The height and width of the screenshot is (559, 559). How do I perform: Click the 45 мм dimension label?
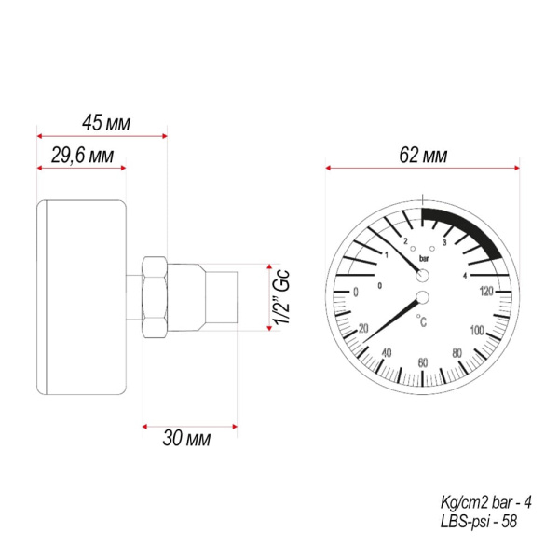tap(106, 122)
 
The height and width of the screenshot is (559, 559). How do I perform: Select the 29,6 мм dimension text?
tap(81, 157)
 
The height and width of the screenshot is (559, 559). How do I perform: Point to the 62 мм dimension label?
tap(422, 156)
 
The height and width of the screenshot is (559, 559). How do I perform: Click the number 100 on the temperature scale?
tap(477, 331)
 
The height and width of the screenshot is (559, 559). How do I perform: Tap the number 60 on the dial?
tap(423, 362)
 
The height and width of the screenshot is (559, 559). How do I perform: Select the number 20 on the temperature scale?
tap(363, 328)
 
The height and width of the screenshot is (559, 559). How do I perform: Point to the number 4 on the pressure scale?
tap(464, 274)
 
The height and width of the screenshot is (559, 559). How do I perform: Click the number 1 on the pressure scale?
tap(387, 254)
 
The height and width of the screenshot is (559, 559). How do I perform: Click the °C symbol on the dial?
tap(423, 323)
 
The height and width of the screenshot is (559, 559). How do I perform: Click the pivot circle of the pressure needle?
tap(423, 276)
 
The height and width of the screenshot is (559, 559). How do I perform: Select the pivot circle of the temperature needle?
tap(423, 298)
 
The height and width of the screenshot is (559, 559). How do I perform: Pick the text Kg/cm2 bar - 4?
tap(485, 502)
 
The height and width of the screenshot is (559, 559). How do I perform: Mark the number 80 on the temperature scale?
tap(457, 353)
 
